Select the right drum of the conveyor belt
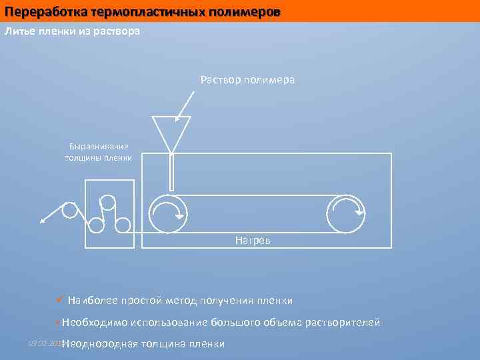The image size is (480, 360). pos(346,214)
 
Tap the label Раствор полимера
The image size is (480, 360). pos(247,80)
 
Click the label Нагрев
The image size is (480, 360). pos(253,240)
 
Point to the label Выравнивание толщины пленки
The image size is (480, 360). pos(99,152)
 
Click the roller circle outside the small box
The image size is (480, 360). pos(69,210)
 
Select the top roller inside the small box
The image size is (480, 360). pos(107,202)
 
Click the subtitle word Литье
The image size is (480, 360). pos(19,31)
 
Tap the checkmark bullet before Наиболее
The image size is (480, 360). pos(61,300)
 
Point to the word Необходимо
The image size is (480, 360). pos(94,323)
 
